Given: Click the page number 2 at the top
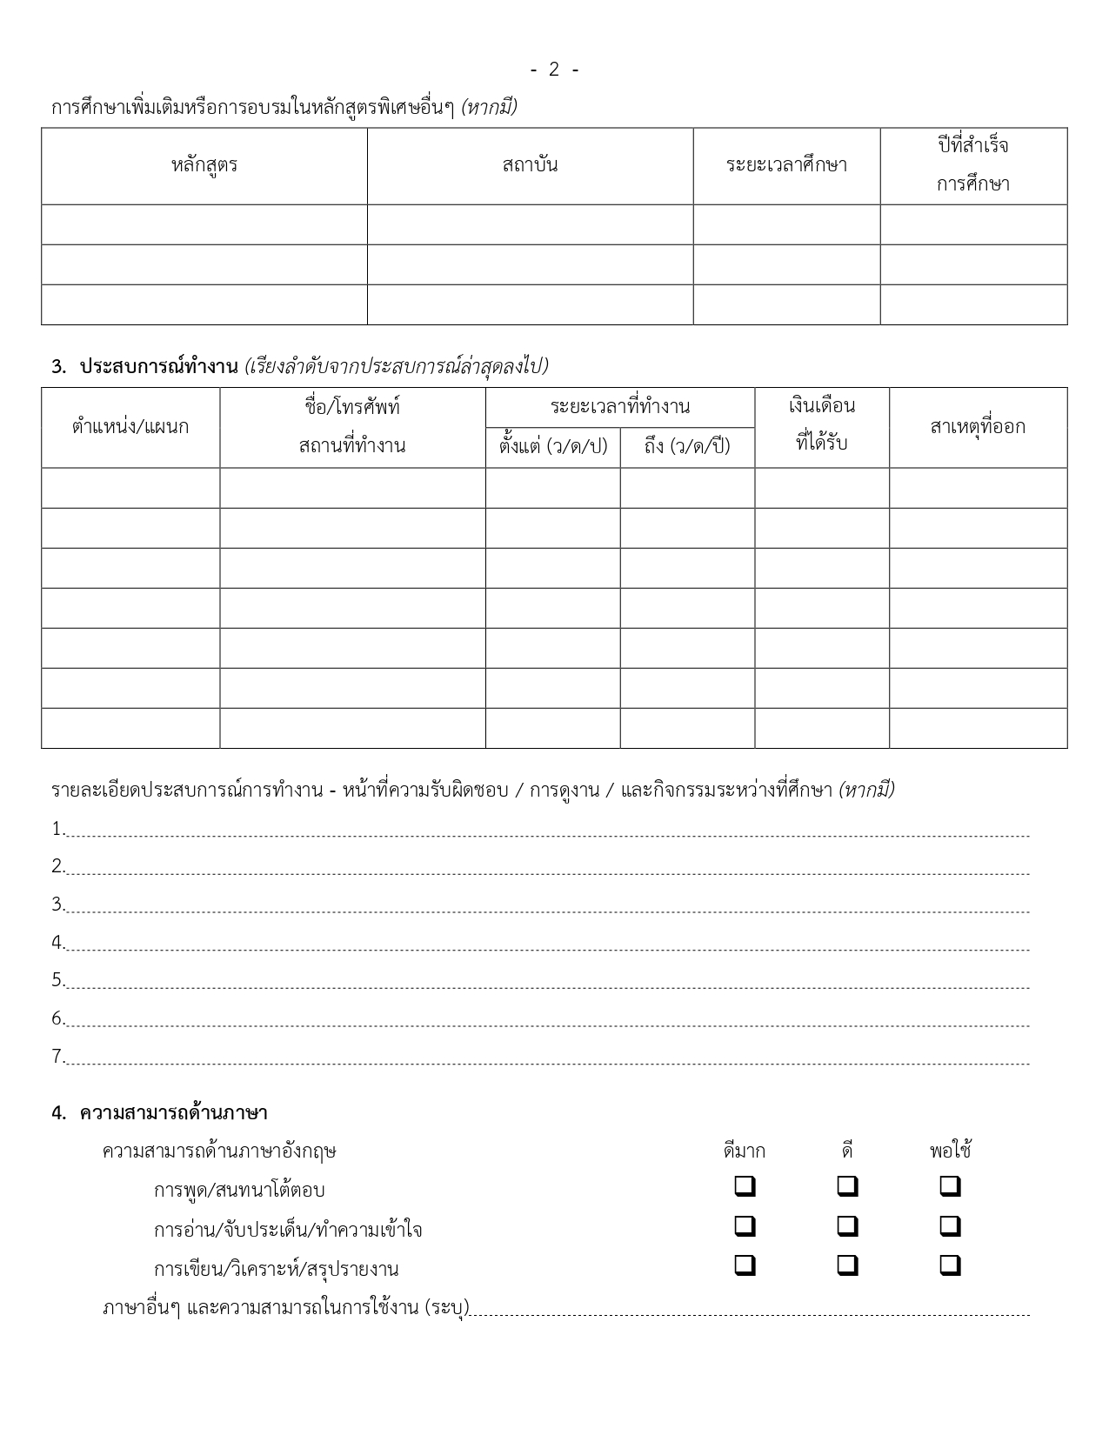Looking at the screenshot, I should click(554, 70).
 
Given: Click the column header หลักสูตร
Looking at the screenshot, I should click(204, 165).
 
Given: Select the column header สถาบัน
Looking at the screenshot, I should click(530, 165).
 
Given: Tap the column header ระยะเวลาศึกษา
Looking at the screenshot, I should click(786, 165).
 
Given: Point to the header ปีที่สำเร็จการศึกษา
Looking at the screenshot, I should click(973, 165).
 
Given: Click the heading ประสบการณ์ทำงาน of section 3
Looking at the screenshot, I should click(158, 366).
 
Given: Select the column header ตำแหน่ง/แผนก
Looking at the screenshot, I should click(130, 427).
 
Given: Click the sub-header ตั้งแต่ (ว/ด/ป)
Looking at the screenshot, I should click(553, 447).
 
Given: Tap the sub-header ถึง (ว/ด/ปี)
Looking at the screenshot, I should click(687, 447).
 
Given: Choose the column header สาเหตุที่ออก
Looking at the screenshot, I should click(978, 427).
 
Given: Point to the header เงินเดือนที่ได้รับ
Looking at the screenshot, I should click(822, 424).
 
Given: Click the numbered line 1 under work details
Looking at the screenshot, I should click(548, 831).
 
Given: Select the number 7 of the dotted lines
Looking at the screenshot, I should click(57, 1057).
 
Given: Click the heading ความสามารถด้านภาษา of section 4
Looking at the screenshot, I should click(173, 1112).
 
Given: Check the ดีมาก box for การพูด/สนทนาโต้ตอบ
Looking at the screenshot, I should click(745, 1186).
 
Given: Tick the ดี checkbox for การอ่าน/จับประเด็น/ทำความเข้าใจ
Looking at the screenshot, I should click(848, 1226).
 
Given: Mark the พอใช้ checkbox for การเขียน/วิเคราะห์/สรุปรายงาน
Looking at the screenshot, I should click(951, 1265).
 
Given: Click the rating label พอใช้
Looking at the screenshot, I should click(950, 1151).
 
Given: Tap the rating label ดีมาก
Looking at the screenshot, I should click(745, 1151).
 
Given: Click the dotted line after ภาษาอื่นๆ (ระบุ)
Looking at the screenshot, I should click(748, 1309).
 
